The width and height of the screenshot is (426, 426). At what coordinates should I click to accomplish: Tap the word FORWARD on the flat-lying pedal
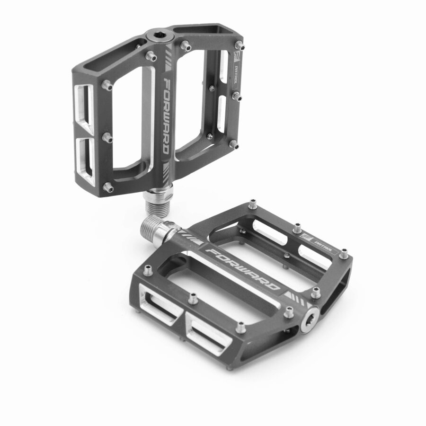[x=244, y=267]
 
